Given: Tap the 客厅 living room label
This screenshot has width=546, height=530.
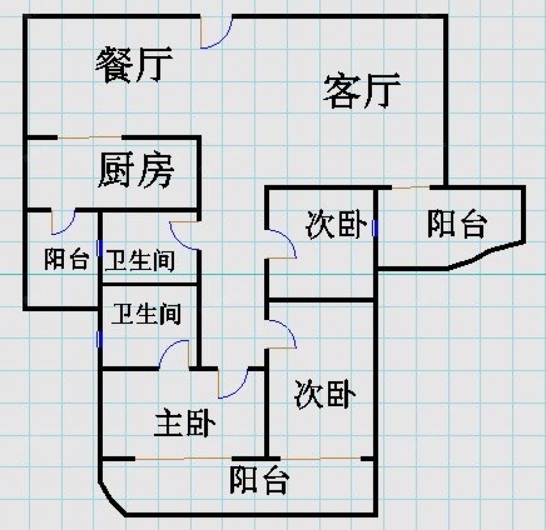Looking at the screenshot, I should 362,91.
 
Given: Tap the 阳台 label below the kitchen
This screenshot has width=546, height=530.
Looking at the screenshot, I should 66,260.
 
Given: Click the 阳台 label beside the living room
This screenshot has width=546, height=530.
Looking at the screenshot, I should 456,224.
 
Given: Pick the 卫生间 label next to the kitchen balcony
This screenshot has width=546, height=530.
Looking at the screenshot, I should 140,261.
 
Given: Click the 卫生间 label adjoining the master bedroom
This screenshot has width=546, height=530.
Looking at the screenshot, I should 146,314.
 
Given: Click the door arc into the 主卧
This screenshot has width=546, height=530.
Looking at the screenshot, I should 235,384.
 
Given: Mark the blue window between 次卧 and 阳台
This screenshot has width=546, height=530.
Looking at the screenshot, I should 375,227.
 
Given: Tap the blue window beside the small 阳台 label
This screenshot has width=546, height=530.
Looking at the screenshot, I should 99,248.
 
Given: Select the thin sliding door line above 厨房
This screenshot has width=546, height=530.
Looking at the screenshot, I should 90,137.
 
